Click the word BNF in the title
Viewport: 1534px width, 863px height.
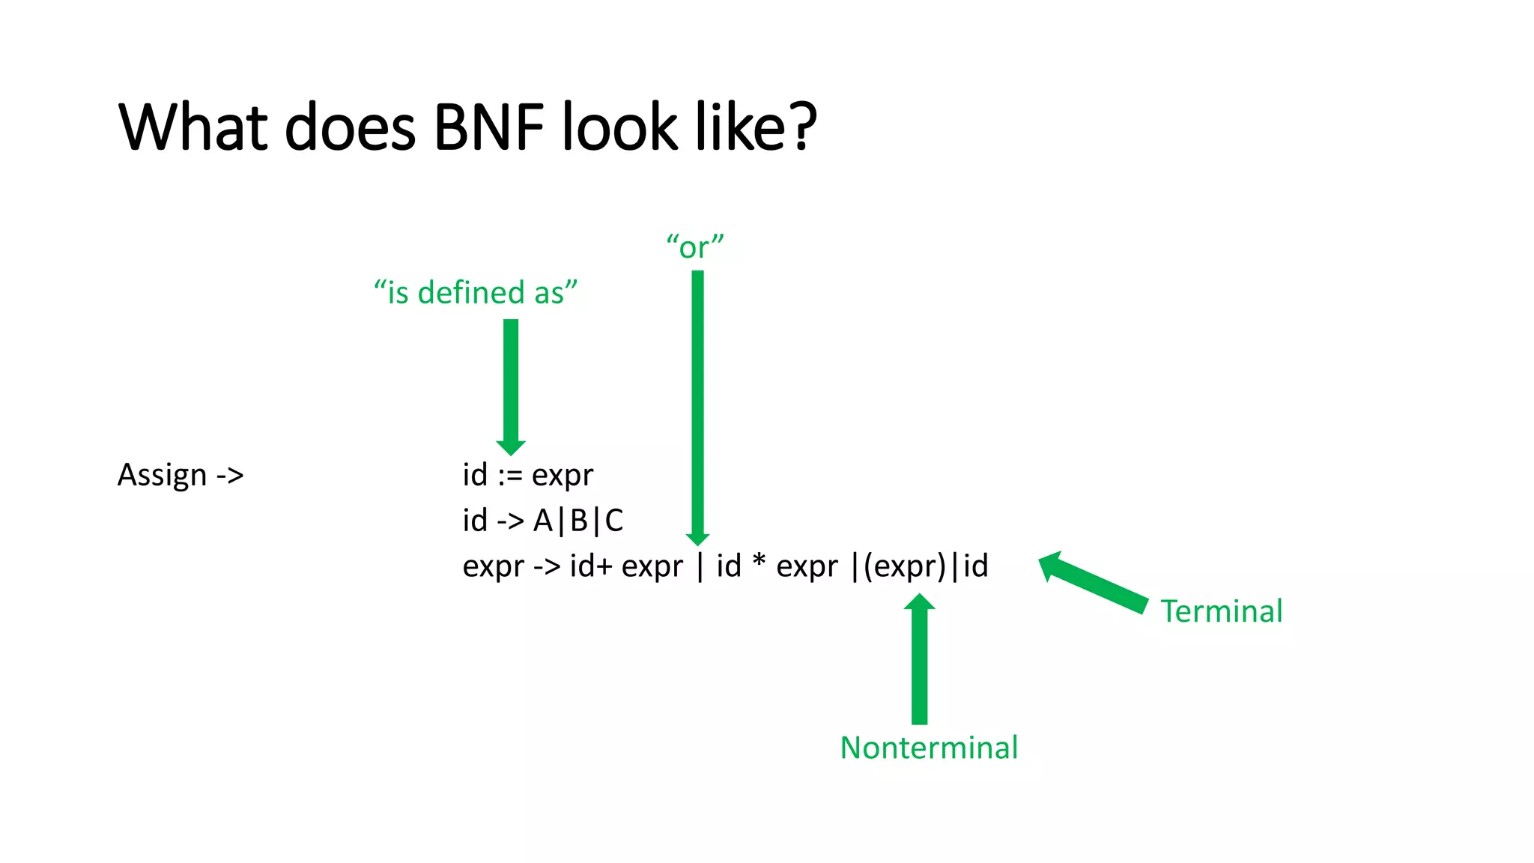tap(488, 127)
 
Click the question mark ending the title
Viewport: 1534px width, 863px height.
tap(802, 127)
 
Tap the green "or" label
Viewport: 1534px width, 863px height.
tap(695, 246)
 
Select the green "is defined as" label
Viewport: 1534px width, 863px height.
tap(476, 292)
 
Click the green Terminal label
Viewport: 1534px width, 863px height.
tap(1222, 611)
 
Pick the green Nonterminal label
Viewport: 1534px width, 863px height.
tap(929, 748)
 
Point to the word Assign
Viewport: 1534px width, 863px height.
tap(162, 476)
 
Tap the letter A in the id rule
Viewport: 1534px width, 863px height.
tap(542, 521)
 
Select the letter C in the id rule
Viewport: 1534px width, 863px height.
tap(614, 521)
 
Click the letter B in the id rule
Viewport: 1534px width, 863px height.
tap(579, 521)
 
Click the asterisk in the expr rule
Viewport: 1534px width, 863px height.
tap(759, 560)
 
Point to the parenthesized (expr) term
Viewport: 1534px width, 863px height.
tap(905, 566)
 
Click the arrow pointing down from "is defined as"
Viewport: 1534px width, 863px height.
tap(511, 386)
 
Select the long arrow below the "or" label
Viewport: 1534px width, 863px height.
tap(697, 405)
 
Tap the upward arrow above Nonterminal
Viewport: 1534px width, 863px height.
tap(919, 659)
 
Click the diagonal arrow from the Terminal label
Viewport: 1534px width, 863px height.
tap(1094, 582)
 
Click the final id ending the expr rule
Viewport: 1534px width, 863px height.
tap(976, 566)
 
